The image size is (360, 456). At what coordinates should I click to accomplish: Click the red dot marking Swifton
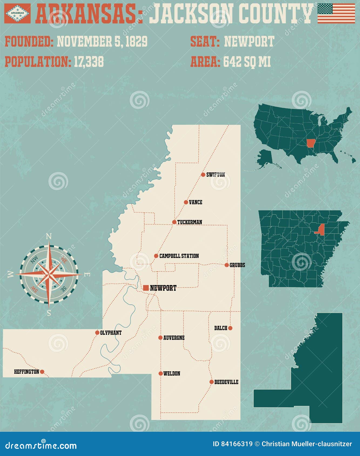203,175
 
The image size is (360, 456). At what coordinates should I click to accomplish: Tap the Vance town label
196,202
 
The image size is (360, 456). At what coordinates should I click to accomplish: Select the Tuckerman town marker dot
174,222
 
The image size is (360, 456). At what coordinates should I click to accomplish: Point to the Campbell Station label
179,256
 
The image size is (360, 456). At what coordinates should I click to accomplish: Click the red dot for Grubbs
227,265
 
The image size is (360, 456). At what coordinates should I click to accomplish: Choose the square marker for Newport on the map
146,288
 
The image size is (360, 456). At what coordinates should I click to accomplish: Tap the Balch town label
221,328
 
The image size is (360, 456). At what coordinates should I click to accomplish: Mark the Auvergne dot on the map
160,338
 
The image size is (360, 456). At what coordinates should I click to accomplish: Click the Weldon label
172,373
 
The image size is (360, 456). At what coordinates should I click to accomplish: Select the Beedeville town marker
211,382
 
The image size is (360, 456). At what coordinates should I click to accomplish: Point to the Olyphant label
111,333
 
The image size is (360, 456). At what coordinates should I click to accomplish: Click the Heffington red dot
42,372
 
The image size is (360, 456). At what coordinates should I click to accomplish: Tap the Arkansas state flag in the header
17,13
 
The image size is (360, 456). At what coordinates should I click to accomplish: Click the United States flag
336,13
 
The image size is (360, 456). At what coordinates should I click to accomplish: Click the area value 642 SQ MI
247,62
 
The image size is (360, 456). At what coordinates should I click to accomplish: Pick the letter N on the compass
49,237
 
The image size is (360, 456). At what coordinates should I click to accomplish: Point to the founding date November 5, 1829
102,42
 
